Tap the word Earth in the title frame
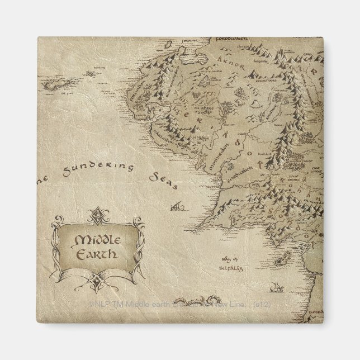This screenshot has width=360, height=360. (x=96, y=253)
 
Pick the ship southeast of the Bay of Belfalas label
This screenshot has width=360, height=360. (x=276, y=288)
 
